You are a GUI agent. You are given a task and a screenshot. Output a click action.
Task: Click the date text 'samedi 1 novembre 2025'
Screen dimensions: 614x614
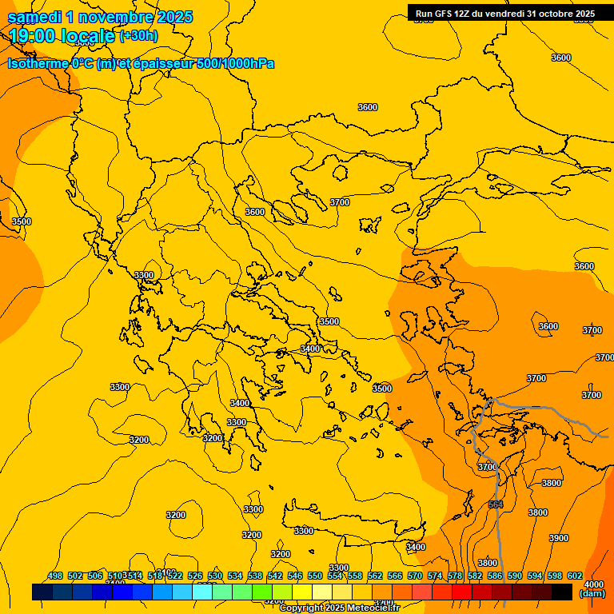coord(100,17)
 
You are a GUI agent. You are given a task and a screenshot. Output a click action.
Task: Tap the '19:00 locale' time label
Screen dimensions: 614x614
coord(62,36)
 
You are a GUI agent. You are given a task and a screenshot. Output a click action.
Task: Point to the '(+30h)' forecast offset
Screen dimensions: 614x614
coord(138,36)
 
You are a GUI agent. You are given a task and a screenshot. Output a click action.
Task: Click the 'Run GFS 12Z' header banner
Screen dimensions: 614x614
coord(504,14)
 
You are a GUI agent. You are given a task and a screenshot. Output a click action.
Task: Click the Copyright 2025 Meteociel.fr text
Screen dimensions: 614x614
coord(339,608)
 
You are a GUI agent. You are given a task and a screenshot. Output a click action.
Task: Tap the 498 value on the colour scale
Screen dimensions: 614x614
coord(55,576)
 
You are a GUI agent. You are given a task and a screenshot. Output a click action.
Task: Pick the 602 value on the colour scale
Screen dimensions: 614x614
coord(575,576)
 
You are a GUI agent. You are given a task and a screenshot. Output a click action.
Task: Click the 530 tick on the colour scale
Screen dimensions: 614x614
coord(215,576)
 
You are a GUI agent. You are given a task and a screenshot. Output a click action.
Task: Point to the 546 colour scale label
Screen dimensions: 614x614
coord(295,576)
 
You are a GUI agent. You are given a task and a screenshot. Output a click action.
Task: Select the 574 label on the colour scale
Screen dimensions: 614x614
coord(435,576)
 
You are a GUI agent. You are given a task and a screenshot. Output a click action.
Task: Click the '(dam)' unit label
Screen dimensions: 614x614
coord(592,593)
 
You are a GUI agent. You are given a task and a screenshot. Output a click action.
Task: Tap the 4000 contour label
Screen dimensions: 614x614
coord(594,584)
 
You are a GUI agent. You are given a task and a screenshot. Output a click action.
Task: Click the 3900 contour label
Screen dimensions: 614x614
coord(558,538)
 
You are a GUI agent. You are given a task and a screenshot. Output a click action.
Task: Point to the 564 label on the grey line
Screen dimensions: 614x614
coord(496,504)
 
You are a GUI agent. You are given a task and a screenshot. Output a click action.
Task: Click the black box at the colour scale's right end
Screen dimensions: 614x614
coord(562,592)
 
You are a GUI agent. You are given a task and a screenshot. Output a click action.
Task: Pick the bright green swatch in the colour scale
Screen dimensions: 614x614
coord(262,592)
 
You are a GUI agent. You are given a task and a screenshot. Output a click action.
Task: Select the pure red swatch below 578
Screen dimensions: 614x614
coord(462,592)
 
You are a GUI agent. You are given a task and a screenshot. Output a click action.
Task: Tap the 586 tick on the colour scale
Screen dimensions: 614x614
coord(495,576)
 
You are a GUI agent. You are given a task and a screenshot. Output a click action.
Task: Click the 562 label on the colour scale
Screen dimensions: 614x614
coord(375,576)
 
